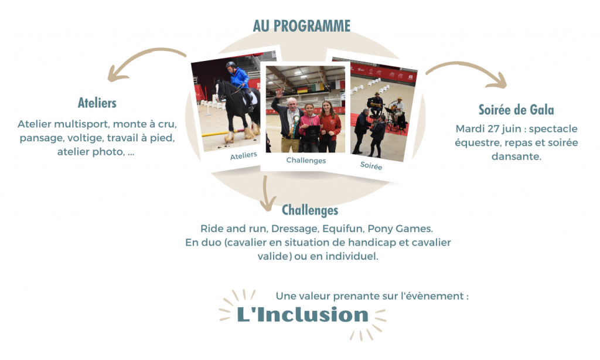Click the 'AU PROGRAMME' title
tap(302, 26)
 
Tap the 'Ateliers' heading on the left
tap(97, 103)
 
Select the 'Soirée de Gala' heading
tap(516, 110)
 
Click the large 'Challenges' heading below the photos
tap(310, 210)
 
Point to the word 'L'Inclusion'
tap(302, 314)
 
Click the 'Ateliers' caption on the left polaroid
tap(243, 155)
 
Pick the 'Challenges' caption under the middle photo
tap(306, 161)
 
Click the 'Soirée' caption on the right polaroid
tap(371, 166)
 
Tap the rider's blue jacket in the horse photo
tap(240, 77)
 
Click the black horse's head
tap(221, 90)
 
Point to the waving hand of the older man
tap(280, 93)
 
